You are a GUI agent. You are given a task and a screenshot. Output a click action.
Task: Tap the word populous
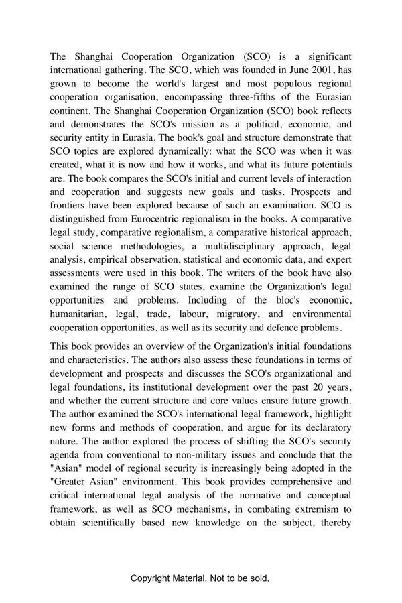269,83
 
